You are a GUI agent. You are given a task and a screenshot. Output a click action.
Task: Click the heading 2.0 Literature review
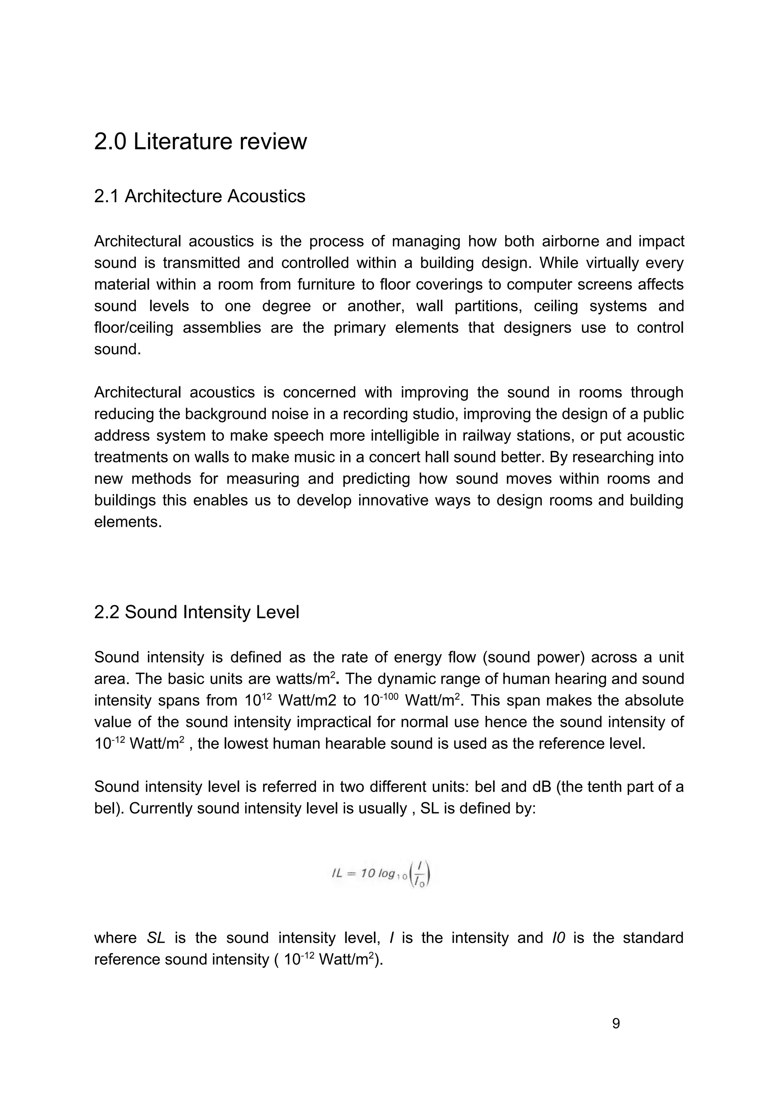pos(200,142)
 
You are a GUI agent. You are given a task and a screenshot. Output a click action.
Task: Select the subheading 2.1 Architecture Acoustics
pos(200,196)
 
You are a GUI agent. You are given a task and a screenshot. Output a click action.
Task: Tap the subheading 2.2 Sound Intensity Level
pos(196,612)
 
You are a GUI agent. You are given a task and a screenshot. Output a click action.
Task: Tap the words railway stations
pos(519,436)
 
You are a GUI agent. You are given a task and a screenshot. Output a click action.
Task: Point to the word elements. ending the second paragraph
pos(128,522)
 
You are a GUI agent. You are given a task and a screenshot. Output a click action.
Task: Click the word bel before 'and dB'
pos(485,787)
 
